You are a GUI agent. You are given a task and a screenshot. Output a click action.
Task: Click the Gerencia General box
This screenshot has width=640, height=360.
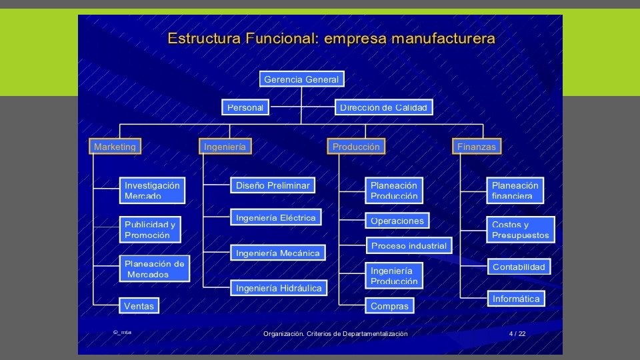pyautogui.click(x=301, y=79)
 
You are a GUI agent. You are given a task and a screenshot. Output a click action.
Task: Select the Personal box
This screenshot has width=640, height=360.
pyautogui.click(x=245, y=107)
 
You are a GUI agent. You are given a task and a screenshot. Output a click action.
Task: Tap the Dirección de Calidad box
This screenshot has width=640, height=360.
pyautogui.click(x=383, y=107)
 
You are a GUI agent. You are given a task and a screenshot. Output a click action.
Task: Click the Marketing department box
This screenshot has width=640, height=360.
pyautogui.click(x=115, y=147)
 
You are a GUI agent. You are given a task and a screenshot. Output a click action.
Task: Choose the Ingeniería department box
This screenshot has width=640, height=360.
pyautogui.click(x=225, y=147)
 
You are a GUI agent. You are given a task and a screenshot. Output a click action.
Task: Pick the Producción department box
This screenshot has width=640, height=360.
pyautogui.click(x=356, y=147)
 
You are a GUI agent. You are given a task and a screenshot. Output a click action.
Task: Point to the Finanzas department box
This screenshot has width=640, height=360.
pyautogui.click(x=477, y=147)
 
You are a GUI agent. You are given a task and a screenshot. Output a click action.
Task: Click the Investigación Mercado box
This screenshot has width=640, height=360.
pyautogui.click(x=152, y=190)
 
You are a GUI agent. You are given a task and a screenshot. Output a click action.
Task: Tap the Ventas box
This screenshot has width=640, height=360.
pyautogui.click(x=139, y=306)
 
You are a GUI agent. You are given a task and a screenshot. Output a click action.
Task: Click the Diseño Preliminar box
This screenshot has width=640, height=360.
pyautogui.click(x=273, y=185)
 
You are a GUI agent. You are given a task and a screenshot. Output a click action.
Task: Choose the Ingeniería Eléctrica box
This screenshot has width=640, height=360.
pyautogui.click(x=276, y=217)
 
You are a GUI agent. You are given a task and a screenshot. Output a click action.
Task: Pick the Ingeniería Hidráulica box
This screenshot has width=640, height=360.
pyautogui.click(x=279, y=288)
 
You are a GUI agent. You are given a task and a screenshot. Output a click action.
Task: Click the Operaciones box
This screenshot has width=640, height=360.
pyautogui.click(x=397, y=221)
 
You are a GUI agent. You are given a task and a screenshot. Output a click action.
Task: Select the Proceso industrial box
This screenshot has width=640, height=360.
pyautogui.click(x=409, y=245)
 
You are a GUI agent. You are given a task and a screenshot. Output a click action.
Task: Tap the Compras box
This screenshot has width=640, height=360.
pyautogui.click(x=389, y=306)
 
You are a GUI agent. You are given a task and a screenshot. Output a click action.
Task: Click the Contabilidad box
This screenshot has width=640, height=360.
pyautogui.click(x=519, y=267)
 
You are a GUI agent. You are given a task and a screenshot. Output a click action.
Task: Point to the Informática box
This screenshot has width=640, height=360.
pyautogui.click(x=516, y=299)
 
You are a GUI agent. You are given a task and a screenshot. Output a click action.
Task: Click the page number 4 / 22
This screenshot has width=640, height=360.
pyautogui.click(x=517, y=333)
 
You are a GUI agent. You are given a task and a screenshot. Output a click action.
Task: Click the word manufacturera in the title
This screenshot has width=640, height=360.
pyautogui.click(x=443, y=38)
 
